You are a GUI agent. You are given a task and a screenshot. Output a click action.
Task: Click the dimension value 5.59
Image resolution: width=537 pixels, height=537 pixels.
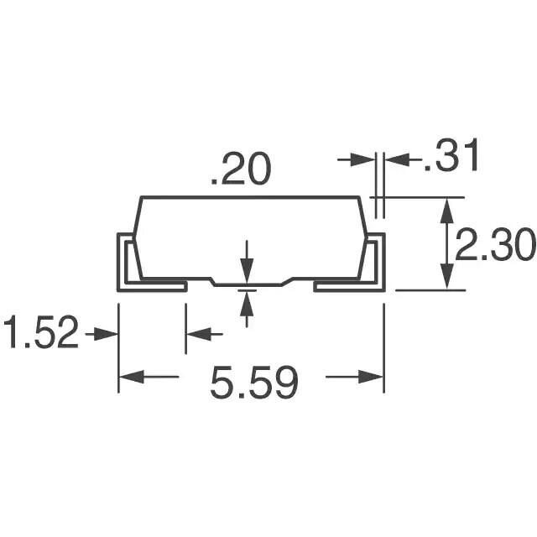[254, 383]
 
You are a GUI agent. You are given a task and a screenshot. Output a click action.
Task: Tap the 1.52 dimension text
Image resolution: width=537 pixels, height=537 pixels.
[41, 332]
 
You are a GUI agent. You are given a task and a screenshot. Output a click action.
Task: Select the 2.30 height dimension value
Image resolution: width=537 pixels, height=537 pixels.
[495, 245]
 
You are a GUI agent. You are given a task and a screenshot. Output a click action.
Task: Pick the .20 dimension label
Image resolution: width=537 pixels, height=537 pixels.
[241, 169]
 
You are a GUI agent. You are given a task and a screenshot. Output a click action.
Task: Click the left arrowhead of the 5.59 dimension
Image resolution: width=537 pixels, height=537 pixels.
[131, 377]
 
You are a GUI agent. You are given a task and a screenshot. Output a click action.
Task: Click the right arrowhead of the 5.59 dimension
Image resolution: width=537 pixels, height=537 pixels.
[371, 377]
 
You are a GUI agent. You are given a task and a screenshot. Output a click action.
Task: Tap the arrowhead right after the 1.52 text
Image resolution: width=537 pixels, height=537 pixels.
[106, 334]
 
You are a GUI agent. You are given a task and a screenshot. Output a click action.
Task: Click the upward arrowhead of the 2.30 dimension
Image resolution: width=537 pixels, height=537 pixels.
[446, 211]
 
